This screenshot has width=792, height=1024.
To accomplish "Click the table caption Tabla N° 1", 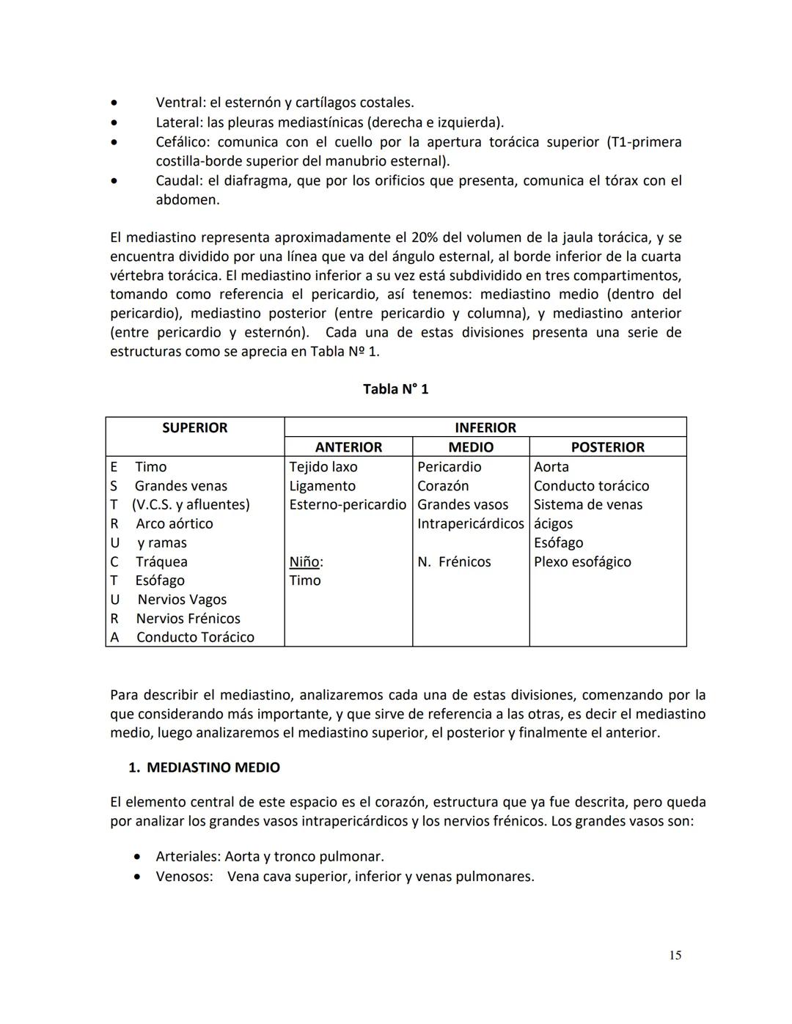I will click(x=395, y=389).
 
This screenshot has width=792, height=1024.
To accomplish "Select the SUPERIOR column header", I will click(x=194, y=427).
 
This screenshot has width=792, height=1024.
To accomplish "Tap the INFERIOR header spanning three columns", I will click(x=485, y=427).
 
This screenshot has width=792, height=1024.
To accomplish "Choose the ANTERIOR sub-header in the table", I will click(x=348, y=447).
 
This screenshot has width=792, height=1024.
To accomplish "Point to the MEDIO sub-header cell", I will click(x=471, y=447).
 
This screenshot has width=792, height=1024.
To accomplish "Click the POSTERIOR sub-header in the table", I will click(x=607, y=447).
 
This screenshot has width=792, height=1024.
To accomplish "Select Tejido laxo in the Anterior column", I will click(x=323, y=467).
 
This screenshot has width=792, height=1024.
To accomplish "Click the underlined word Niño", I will click(x=304, y=562).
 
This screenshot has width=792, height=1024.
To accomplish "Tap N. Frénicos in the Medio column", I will click(x=454, y=562).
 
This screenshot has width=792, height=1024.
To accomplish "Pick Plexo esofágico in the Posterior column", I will click(x=582, y=562).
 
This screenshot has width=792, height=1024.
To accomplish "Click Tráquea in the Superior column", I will click(x=161, y=562).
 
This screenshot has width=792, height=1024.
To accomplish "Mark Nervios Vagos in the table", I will click(x=182, y=600).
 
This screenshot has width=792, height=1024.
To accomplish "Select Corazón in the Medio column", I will click(x=443, y=486).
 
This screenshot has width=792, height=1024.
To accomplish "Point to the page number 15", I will click(x=675, y=955).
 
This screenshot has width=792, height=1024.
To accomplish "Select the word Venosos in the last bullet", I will click(x=183, y=876).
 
